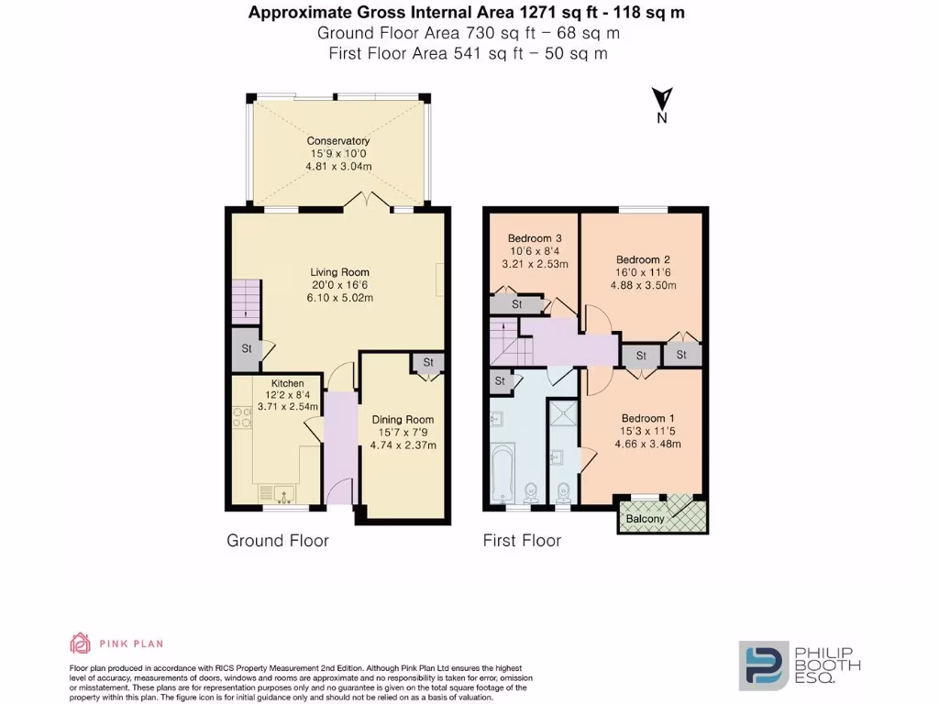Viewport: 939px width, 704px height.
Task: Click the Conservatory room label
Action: (338, 140)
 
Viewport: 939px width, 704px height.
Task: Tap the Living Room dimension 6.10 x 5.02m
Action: (339, 298)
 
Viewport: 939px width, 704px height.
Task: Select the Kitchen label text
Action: (287, 383)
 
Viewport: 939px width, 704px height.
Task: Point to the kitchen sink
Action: (274, 490)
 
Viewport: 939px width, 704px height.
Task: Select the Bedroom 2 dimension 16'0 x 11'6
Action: (646, 272)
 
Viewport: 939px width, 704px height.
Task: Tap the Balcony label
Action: (646, 519)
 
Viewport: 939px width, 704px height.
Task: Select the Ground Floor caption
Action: (277, 541)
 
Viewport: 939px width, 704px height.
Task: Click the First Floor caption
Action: (522, 541)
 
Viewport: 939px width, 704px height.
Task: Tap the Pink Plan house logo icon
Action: (81, 643)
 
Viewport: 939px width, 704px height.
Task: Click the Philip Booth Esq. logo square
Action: (764, 665)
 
